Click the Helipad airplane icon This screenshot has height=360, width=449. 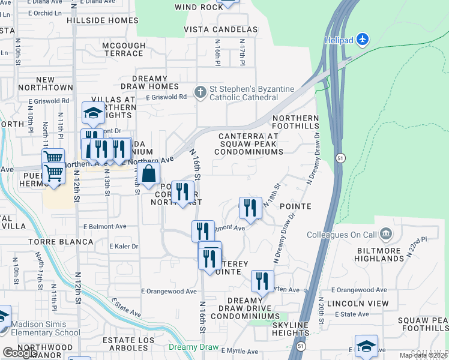pyautogui.click(x=362, y=40)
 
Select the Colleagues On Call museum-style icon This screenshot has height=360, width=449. pyautogui.click(x=385, y=233)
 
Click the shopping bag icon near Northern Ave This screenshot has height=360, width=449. pyautogui.click(x=150, y=174)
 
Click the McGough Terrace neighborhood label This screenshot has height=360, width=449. pyautogui.click(x=124, y=49)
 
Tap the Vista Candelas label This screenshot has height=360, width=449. pyautogui.click(x=220, y=29)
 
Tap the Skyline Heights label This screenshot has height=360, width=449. pyautogui.click(x=282, y=328)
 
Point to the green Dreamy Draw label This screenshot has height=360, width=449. pyautogui.click(x=193, y=347)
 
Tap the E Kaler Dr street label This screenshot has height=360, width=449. pyautogui.click(x=124, y=246)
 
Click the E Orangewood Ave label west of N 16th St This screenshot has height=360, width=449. pyautogui.click(x=169, y=291)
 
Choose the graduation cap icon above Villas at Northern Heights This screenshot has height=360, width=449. pyautogui.click(x=93, y=112)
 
